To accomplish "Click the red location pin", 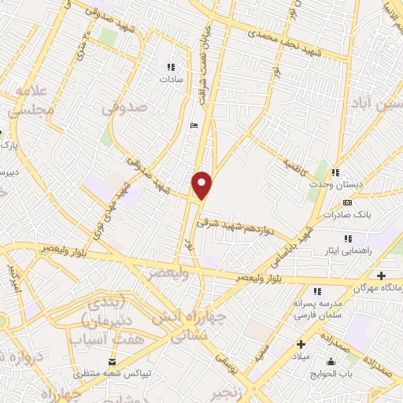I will click(203, 185).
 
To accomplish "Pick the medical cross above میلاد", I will click(301, 344).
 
